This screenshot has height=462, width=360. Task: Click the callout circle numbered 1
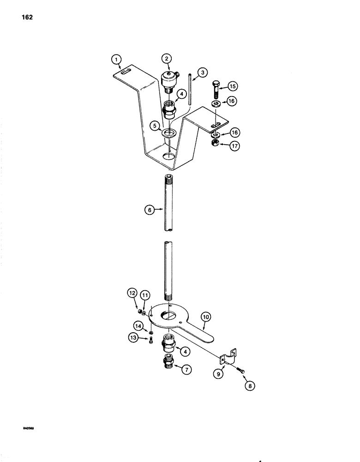(117, 59)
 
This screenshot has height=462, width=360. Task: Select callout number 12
(132, 293)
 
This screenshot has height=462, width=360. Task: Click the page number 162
(26, 19)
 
